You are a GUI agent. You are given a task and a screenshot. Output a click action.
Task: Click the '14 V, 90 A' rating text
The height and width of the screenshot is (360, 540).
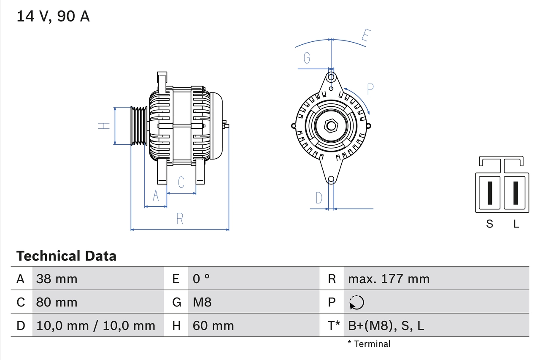[x=53, y=16]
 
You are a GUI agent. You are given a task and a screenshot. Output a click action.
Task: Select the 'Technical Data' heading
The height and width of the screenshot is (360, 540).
[x=66, y=256]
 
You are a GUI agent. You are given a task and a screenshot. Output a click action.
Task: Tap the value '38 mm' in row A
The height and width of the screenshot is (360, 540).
[x=57, y=279]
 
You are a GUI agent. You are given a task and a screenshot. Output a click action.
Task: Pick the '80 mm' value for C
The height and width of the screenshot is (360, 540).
[x=57, y=302]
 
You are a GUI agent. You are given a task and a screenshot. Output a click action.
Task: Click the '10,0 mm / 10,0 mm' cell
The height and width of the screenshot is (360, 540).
[x=96, y=325]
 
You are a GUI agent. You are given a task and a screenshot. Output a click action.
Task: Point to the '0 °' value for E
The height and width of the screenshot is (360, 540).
[x=201, y=279]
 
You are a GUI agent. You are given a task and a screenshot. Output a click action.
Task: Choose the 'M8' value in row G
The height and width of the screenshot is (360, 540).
[x=202, y=302]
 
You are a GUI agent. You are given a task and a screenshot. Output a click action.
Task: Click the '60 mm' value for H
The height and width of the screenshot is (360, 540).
[x=213, y=325]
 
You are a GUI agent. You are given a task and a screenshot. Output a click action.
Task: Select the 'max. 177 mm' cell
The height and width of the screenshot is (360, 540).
[x=389, y=279]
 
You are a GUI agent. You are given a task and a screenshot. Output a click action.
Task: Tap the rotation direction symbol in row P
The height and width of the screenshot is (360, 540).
[x=356, y=302]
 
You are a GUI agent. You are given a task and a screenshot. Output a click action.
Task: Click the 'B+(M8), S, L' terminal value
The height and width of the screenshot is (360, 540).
[x=386, y=325]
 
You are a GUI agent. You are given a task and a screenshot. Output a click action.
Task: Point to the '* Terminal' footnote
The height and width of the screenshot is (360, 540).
[x=369, y=344]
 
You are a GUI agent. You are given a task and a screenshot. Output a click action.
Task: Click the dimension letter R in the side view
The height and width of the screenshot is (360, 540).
[x=180, y=219]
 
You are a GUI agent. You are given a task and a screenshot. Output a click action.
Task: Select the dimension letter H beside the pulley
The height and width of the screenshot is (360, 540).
[x=104, y=126]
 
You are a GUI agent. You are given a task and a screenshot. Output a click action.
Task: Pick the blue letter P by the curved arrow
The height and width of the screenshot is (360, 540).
[x=370, y=89]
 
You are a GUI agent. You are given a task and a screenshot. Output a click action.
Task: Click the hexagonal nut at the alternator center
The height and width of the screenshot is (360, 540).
[x=331, y=126]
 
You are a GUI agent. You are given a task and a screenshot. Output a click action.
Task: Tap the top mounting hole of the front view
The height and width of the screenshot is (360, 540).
[x=331, y=77]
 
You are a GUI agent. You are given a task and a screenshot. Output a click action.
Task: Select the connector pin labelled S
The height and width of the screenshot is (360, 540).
[x=489, y=192]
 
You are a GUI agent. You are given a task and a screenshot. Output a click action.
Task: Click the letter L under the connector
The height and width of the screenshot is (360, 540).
[x=516, y=224]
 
